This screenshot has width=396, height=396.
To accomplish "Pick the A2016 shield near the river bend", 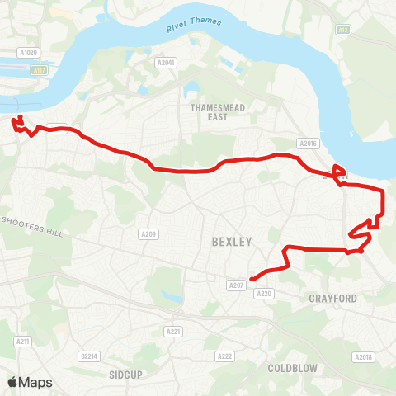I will (x=309, y=144).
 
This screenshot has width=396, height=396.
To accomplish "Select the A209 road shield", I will (x=148, y=234).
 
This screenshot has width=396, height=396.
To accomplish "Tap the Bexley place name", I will (x=229, y=242).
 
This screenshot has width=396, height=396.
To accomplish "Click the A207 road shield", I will (x=236, y=285).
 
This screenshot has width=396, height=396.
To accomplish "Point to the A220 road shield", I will (x=264, y=293).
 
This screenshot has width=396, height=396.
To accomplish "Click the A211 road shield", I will (x=22, y=341).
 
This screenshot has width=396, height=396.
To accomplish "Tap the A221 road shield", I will (x=173, y=332).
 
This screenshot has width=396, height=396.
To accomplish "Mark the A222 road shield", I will (x=224, y=356).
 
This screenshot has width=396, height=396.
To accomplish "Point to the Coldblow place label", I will (x=292, y=367).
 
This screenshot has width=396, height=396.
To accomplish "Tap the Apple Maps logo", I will (x=30, y=382).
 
